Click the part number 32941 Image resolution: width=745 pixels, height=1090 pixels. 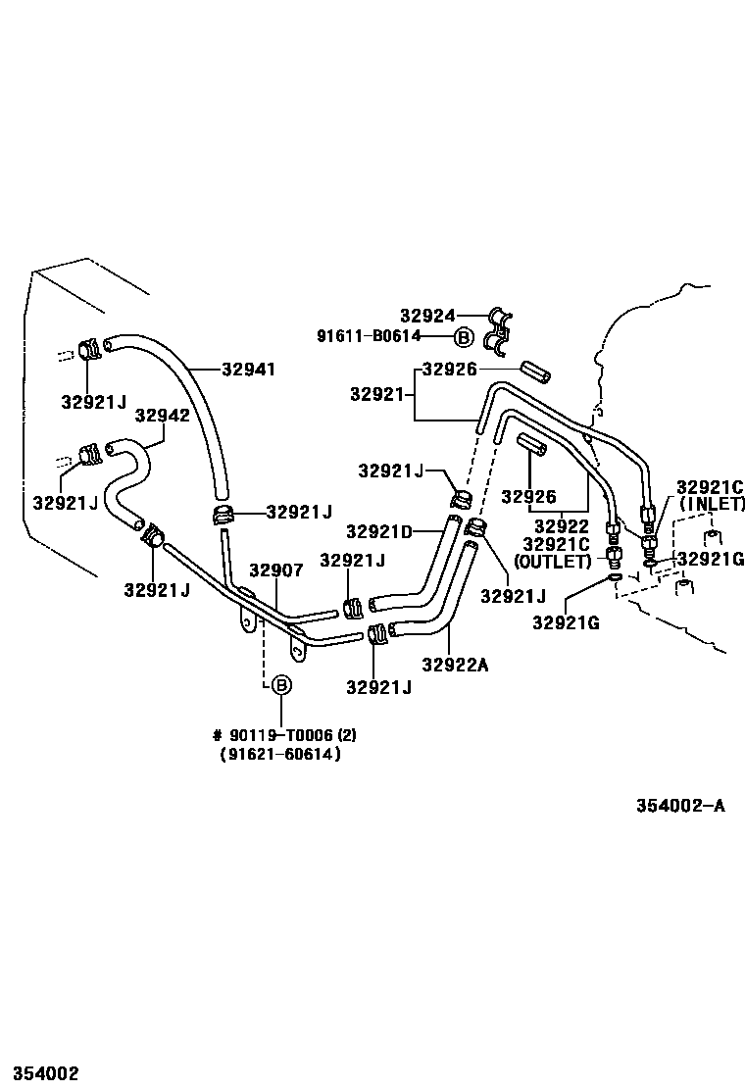tap(248, 370)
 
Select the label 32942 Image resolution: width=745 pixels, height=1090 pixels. tap(162, 415)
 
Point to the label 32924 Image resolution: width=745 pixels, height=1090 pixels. tap(427, 316)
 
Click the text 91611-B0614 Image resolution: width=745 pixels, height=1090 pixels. tap(368, 336)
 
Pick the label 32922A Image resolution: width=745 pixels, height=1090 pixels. tap(455, 665)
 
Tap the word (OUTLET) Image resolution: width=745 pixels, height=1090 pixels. tap(553, 561)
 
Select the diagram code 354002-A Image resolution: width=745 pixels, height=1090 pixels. tap(680, 806)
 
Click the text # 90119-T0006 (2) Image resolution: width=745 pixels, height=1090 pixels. tap(277, 735)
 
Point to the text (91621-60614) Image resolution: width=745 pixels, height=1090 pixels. tap(280, 755)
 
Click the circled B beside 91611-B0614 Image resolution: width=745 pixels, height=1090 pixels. tap(464, 337)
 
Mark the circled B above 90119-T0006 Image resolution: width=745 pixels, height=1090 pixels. tap(280, 685)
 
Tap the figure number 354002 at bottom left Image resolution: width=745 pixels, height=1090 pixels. tap(40, 1074)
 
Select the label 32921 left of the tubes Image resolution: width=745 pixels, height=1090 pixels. tap(377, 394)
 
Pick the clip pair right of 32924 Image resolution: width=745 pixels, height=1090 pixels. tap(502, 330)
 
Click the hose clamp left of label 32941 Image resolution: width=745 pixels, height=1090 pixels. tap(89, 348)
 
